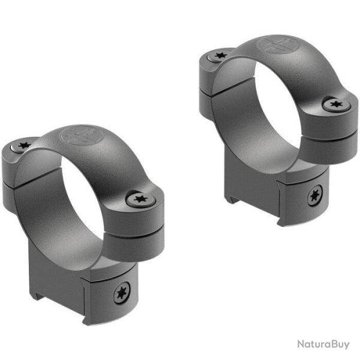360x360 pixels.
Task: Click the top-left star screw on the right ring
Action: (217, 56)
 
